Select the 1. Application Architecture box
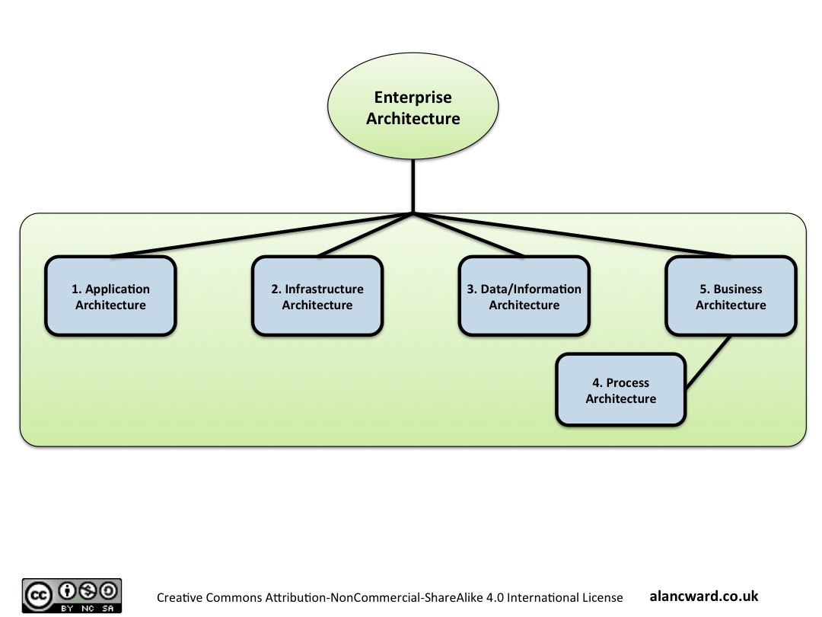(110, 296)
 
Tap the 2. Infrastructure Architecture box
(317, 296)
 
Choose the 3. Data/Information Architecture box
(524, 296)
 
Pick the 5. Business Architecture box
(731, 296)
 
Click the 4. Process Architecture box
(620, 389)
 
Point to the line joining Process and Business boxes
(708, 363)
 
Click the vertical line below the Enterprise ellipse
(413, 186)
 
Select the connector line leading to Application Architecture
(259, 235)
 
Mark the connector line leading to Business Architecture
(571, 235)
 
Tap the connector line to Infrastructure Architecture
(365, 235)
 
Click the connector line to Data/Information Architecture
(469, 235)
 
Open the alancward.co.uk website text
(704, 596)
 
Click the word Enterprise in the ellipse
(413, 98)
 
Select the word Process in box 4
(627, 382)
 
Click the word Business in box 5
(738, 289)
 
